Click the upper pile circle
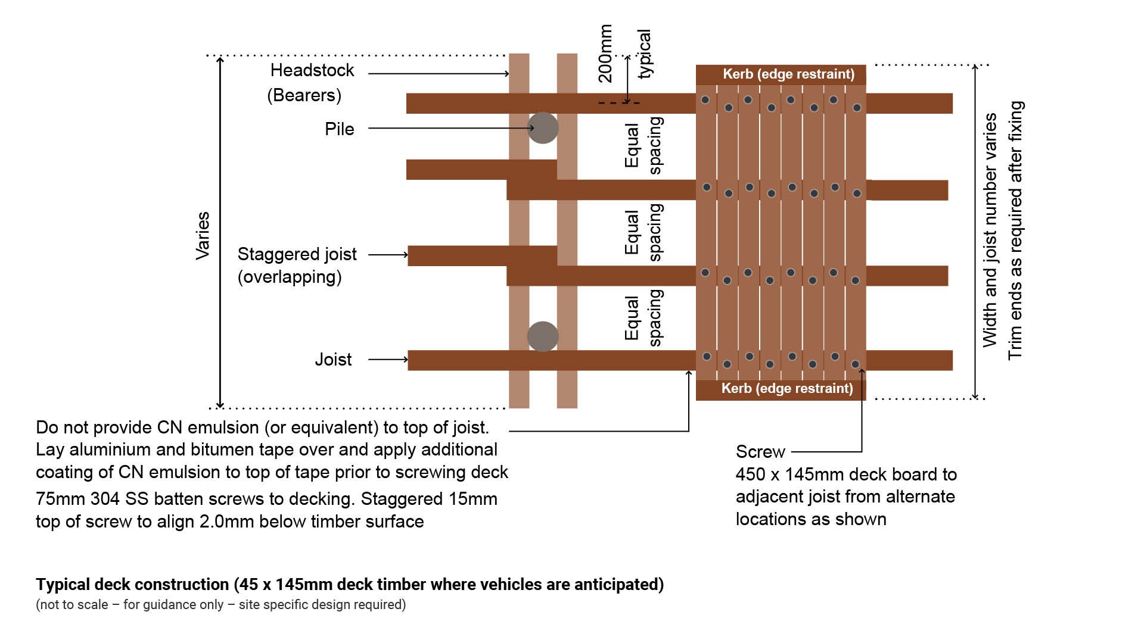542,127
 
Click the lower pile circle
542,336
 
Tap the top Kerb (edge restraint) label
788,74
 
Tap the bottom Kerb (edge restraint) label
786,388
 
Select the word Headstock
312,70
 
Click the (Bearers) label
304,95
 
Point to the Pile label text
339,129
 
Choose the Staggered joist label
297,254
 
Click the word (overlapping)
290,277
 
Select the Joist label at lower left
333,360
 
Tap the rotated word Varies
203,235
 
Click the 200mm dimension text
605,54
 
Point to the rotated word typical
645,54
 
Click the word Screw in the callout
760,452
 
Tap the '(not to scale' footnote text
72,605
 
